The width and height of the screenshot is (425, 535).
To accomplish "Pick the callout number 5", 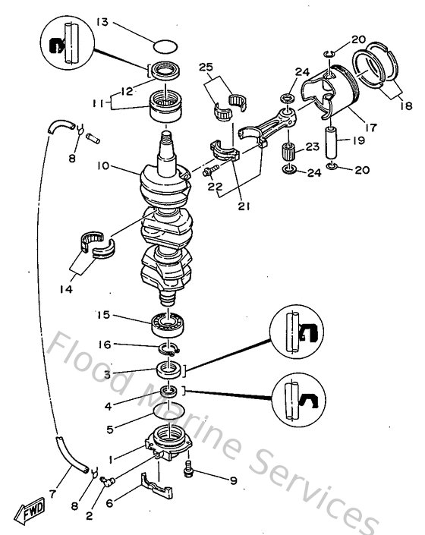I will click(x=112, y=429).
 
